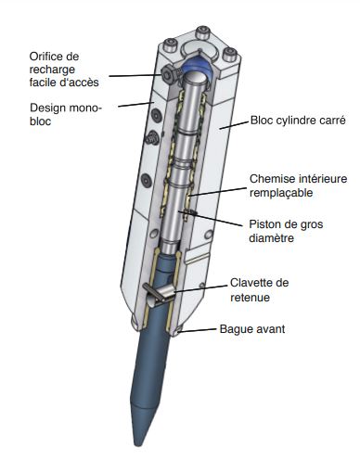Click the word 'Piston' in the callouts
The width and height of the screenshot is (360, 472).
pos(268,223)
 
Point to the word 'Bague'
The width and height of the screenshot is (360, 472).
pos(235,327)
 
